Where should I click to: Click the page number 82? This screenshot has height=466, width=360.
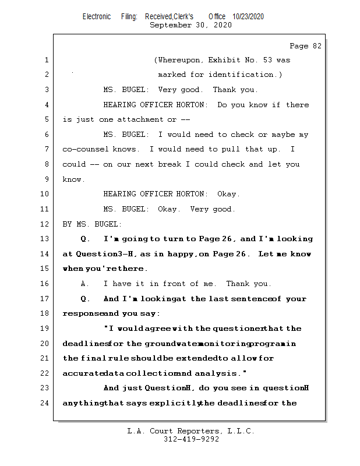click(x=317, y=46)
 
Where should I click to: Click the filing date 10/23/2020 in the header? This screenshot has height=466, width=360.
click(x=248, y=17)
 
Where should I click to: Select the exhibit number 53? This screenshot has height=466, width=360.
click(x=267, y=60)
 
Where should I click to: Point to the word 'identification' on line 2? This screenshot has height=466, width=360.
click(x=241, y=75)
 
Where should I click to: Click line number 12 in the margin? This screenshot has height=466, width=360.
click(x=44, y=224)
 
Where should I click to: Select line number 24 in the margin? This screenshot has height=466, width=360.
click(x=44, y=403)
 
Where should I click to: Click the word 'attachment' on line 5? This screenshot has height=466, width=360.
click(x=140, y=119)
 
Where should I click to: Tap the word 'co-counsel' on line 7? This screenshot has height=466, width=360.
click(x=85, y=149)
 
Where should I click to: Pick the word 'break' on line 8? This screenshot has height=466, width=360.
click(x=170, y=164)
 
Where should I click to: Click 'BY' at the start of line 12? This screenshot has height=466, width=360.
click(x=67, y=224)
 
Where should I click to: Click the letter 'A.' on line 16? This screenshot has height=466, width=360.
click(x=84, y=284)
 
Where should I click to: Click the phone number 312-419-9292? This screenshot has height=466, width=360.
click(x=192, y=439)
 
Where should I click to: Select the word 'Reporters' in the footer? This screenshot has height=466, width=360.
click(x=198, y=431)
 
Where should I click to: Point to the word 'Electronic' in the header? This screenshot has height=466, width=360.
click(x=97, y=17)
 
